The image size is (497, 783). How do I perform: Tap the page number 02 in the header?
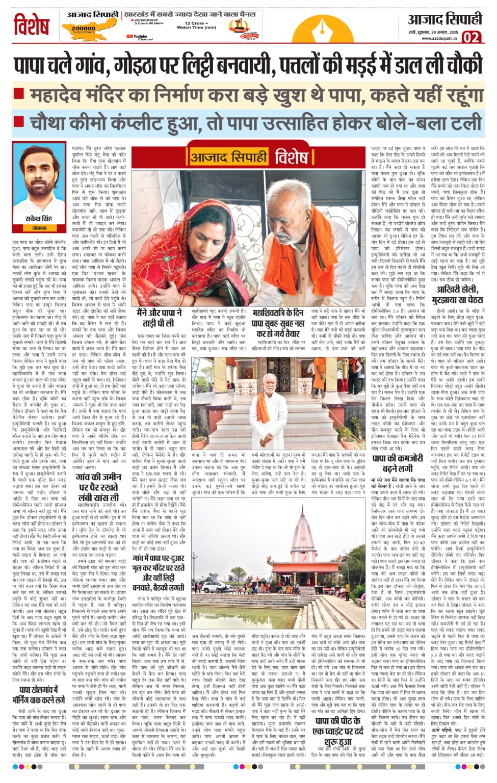click(x=472, y=37)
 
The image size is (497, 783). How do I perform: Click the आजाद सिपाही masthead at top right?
click(x=444, y=19)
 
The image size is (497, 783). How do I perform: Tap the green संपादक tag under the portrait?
click(x=39, y=228)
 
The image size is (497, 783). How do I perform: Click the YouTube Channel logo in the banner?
click(x=140, y=37)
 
